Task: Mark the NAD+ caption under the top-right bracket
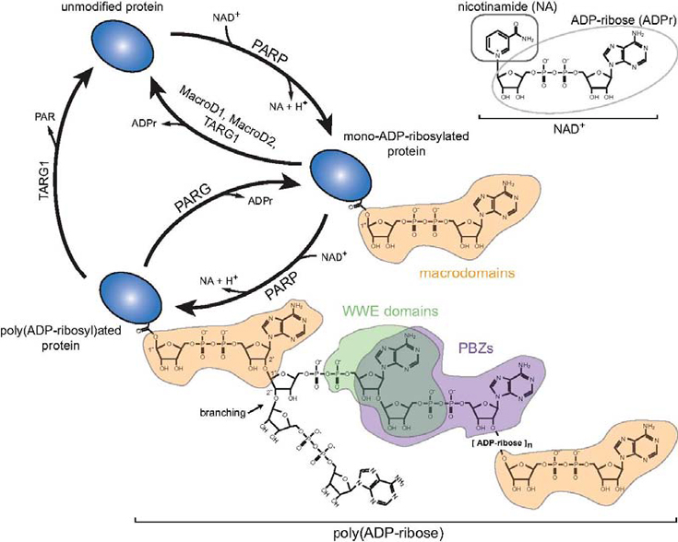pos(569,132)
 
